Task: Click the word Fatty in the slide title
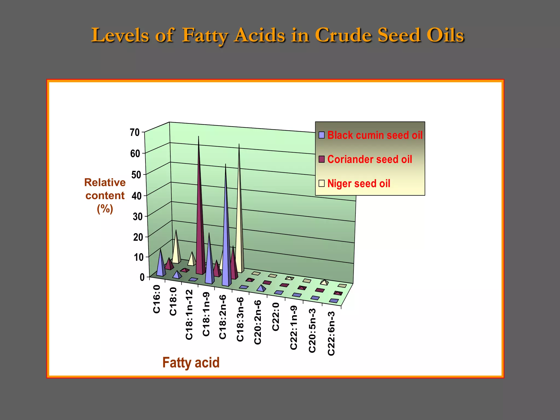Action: pos(205,36)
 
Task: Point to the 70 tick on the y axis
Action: pos(135,133)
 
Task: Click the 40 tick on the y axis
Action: pos(136,196)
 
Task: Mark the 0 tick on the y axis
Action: pos(142,277)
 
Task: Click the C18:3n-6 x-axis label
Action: pos(240,319)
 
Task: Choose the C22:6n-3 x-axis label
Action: pos(331,334)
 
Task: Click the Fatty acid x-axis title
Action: pos(191,363)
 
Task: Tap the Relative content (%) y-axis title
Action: pos(105,196)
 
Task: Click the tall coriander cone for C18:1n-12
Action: pos(200,219)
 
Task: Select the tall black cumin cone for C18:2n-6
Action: pos(226,232)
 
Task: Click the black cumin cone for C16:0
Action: pos(161,265)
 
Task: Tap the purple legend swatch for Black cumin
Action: pos(322,135)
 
